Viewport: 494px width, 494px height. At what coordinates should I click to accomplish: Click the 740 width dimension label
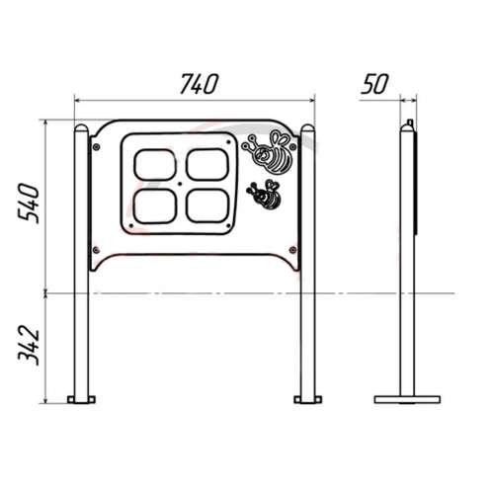click(x=199, y=84)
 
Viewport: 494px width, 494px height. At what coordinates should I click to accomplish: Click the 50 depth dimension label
click(x=374, y=84)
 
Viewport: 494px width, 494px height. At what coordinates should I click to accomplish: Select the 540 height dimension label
click(x=29, y=204)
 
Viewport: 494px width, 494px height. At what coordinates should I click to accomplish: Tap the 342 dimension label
click(x=29, y=346)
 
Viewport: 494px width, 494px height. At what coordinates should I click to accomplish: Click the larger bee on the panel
click(x=271, y=151)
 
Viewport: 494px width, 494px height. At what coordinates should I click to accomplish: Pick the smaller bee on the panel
click(x=265, y=195)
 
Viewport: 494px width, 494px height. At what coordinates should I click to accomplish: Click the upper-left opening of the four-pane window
click(x=155, y=165)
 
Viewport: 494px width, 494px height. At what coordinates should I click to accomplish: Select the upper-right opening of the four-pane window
click(x=207, y=164)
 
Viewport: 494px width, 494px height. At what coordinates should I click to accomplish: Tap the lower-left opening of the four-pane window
click(x=155, y=206)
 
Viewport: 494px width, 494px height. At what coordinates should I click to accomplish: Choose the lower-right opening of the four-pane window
click(x=207, y=206)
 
